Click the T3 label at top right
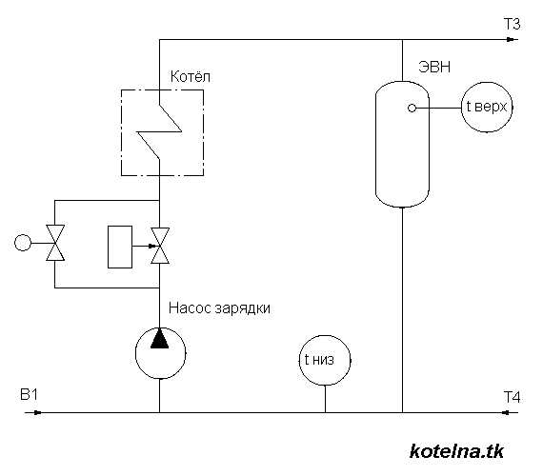(x=512, y=25)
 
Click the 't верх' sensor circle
(x=488, y=109)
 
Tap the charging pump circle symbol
(x=159, y=350)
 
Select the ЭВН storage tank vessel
(x=402, y=143)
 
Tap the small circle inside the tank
(x=412, y=109)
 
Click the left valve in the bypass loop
(x=56, y=243)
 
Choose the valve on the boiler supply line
(x=159, y=243)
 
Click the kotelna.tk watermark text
(x=455, y=450)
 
